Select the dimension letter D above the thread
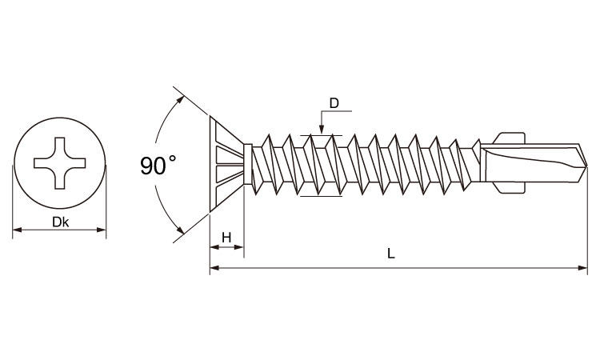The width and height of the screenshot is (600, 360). (335, 103)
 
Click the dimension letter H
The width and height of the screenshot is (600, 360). (226, 237)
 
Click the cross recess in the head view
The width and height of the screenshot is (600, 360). (60, 165)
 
